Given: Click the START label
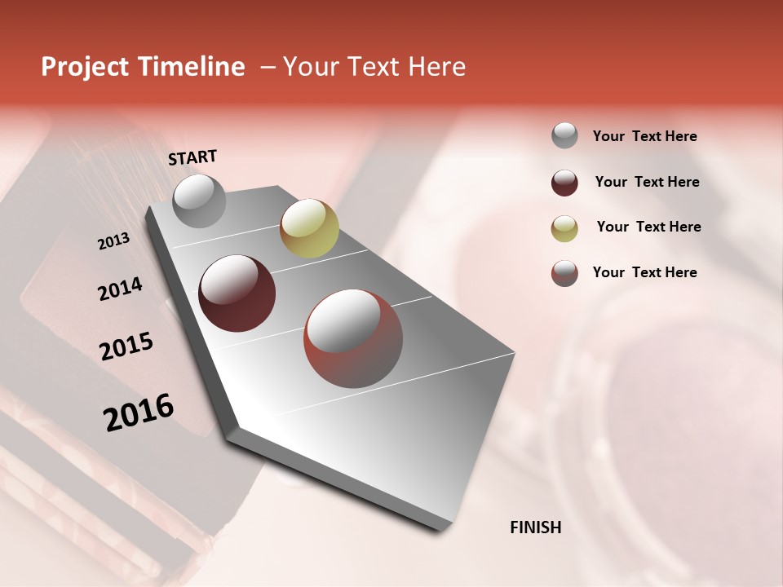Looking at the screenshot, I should pyautogui.click(x=192, y=157).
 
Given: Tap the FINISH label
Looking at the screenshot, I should pyautogui.click(x=535, y=527).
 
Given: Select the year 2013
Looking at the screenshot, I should pyautogui.click(x=113, y=241).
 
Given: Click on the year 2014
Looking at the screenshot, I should pyautogui.click(x=120, y=289).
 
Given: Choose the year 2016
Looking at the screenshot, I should pyautogui.click(x=139, y=413).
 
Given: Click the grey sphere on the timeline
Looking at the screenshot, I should pyautogui.click(x=200, y=201).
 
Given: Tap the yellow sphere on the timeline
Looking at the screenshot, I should pyautogui.click(x=309, y=227).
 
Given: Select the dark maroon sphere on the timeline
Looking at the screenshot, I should pyautogui.click(x=237, y=293).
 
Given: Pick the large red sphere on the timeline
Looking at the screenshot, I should pyautogui.click(x=353, y=338).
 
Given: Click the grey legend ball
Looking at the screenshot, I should pyautogui.click(x=564, y=135).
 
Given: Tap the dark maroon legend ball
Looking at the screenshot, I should pyautogui.click(x=564, y=183).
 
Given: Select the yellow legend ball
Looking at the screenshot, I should pyautogui.click(x=564, y=228).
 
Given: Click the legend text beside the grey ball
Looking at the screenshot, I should pyautogui.click(x=644, y=136).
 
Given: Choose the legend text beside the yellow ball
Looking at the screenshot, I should pyautogui.click(x=648, y=227).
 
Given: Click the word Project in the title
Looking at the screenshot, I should pyautogui.click(x=85, y=67).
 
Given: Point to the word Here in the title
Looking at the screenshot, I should pyautogui.click(x=437, y=67).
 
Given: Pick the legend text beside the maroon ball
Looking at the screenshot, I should pyautogui.click(x=647, y=182).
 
